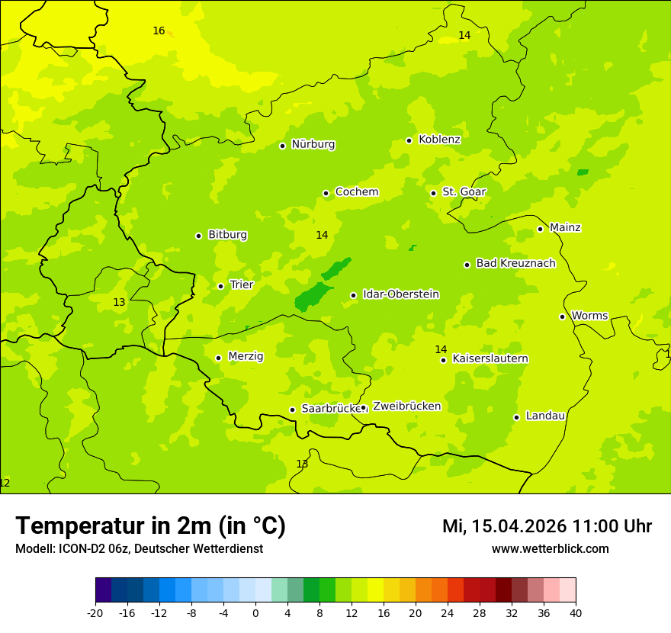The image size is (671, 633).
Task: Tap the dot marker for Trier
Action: (220, 286)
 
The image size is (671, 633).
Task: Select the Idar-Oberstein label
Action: (401, 294)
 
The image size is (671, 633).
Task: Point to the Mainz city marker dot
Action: (540, 229)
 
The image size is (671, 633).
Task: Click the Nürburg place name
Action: (313, 144)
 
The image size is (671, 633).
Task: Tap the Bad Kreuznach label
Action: (515, 263)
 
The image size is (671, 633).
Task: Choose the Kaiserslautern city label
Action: (490, 358)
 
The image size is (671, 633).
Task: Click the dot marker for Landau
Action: (516, 417)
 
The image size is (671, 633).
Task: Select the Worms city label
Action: (590, 316)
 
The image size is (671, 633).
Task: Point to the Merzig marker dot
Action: (218, 358)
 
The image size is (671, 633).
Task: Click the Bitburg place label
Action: (227, 235)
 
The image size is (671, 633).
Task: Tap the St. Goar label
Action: (464, 192)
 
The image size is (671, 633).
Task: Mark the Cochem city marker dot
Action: (326, 193)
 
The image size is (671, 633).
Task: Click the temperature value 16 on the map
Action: (159, 31)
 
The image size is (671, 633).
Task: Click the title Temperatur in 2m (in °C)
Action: (150, 525)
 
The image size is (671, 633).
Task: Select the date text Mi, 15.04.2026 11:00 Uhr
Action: (547, 526)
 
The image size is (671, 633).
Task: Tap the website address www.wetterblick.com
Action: (550, 548)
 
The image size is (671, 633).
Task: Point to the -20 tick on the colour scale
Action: (95, 612)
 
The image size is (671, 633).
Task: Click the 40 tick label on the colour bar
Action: (576, 612)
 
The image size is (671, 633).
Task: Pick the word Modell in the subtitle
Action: (33, 549)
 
